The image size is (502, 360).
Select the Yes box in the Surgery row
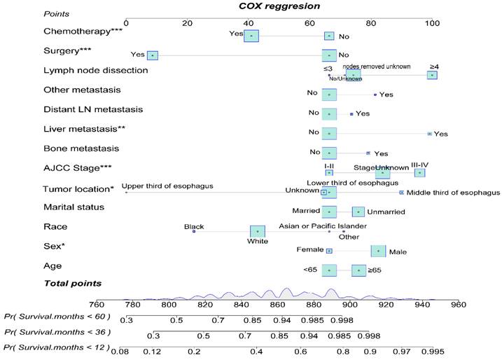pos(153,55)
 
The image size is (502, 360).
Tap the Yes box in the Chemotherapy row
pos(251,36)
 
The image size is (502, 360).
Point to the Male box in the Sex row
pos(378,250)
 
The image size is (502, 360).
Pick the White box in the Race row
pos(258,230)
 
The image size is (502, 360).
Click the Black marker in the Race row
pos(194,231)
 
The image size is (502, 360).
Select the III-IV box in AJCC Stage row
pos(419,172)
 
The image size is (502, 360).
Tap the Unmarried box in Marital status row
pos(358,212)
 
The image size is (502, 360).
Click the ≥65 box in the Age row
pos(358,270)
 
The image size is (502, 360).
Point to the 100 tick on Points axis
pos(433,23)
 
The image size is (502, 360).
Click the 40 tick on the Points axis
pos(249,23)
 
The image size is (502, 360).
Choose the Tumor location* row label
pos(78,188)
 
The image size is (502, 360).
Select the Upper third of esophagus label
pos(167,186)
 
